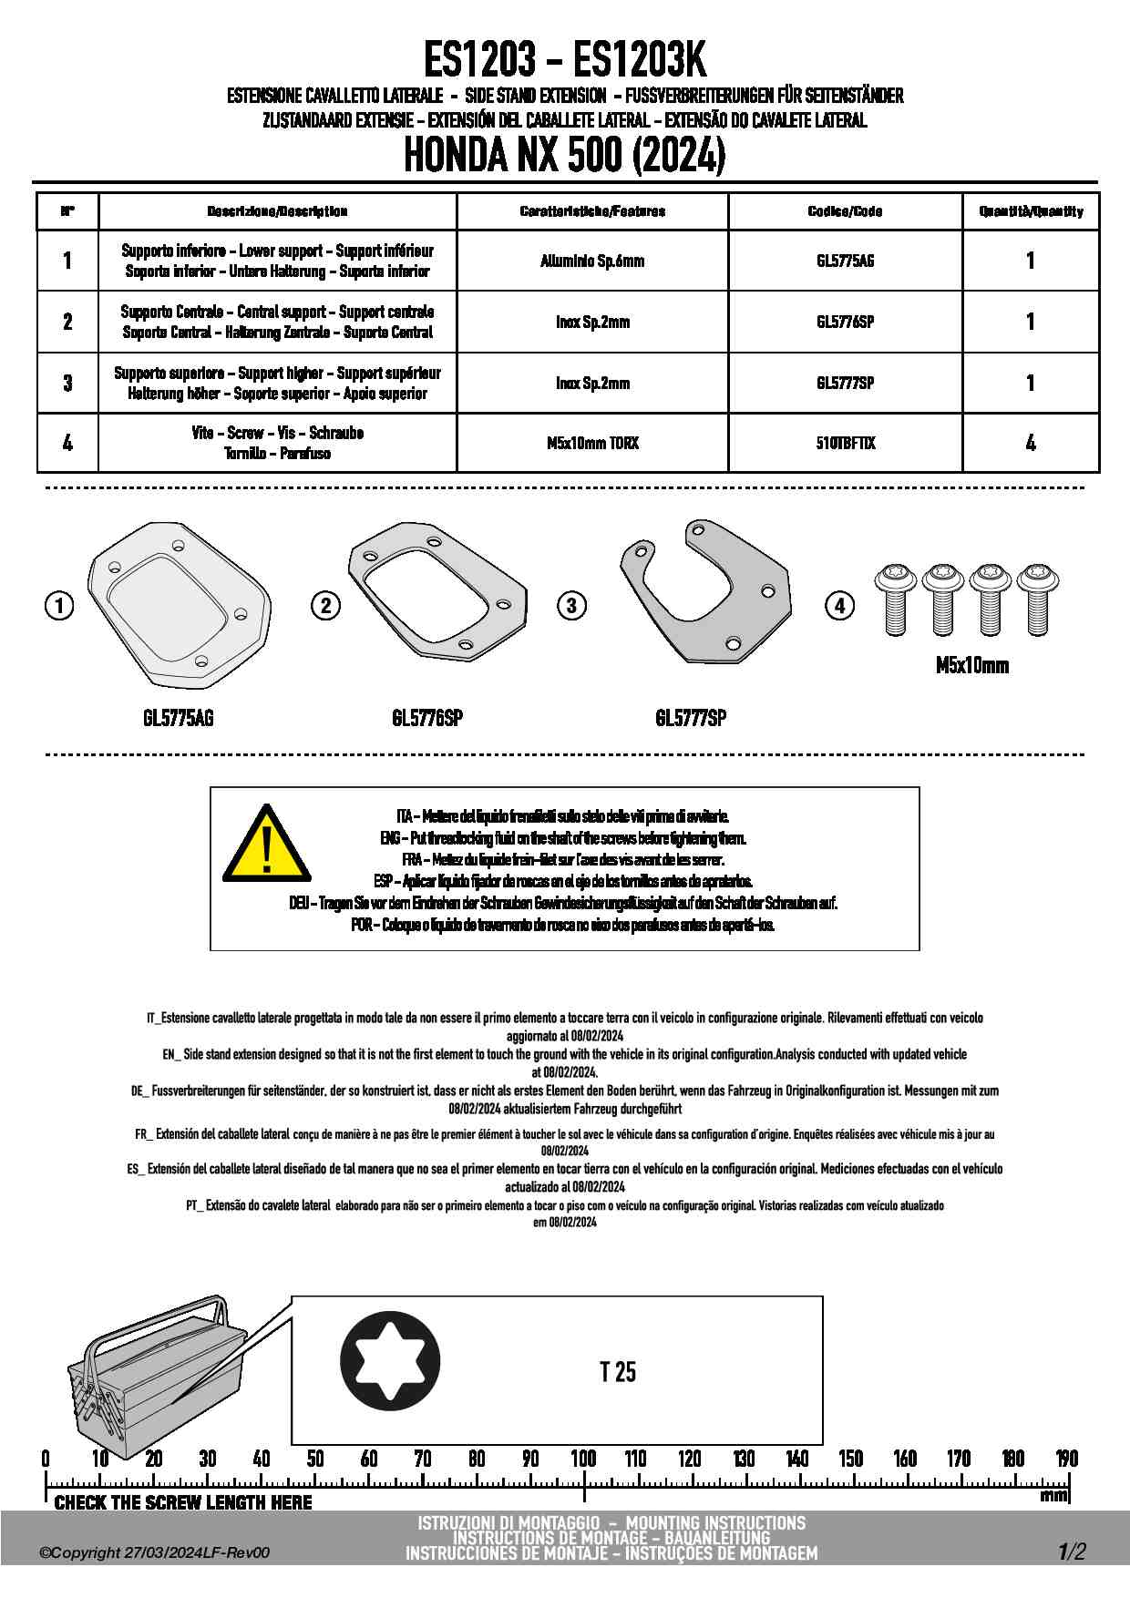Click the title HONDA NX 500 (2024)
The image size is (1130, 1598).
(x=564, y=155)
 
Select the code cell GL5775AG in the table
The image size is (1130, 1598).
(x=845, y=261)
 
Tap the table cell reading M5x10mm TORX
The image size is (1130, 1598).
(x=592, y=444)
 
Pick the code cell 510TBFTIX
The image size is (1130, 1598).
(x=845, y=444)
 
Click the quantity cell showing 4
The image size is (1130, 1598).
(x=1030, y=444)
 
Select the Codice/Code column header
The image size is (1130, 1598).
(x=845, y=211)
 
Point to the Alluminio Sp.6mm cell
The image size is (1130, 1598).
(x=592, y=261)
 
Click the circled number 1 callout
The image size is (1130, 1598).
(x=59, y=605)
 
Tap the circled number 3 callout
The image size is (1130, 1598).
(x=571, y=605)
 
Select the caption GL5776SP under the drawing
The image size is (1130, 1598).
(x=427, y=718)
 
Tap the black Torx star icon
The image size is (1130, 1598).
(x=390, y=1361)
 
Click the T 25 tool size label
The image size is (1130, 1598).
(x=618, y=1372)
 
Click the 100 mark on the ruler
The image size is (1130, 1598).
(x=583, y=1459)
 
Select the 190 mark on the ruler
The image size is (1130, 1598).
(x=1066, y=1459)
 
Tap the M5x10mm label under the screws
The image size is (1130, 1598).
(x=972, y=666)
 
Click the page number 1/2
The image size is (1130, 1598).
(x=1072, y=1552)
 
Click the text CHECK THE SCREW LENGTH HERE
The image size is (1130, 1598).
(x=183, y=1502)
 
